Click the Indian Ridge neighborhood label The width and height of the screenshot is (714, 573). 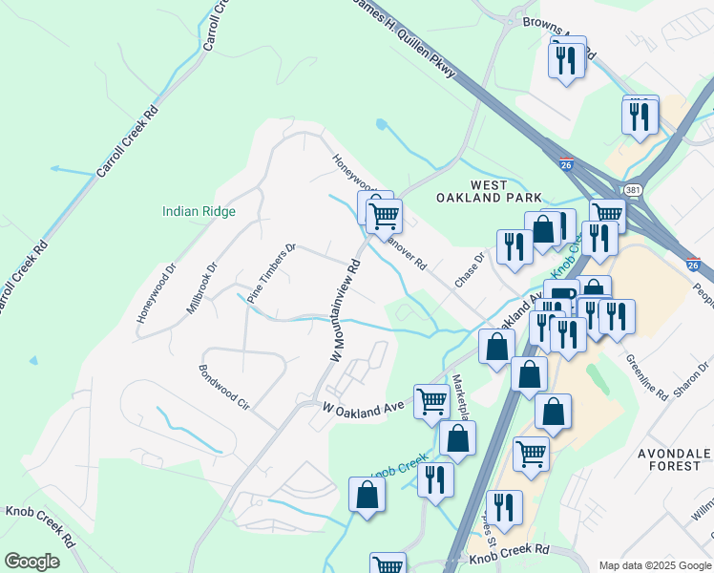tap(199, 211)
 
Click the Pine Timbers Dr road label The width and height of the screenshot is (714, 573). tap(271, 274)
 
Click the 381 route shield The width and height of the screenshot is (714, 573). tap(633, 191)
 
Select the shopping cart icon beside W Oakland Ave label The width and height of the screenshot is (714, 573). tap(431, 400)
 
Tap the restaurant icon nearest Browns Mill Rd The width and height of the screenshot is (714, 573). tap(565, 60)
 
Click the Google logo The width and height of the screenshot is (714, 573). tap(32, 561)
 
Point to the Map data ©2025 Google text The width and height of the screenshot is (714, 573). tap(655, 564)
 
